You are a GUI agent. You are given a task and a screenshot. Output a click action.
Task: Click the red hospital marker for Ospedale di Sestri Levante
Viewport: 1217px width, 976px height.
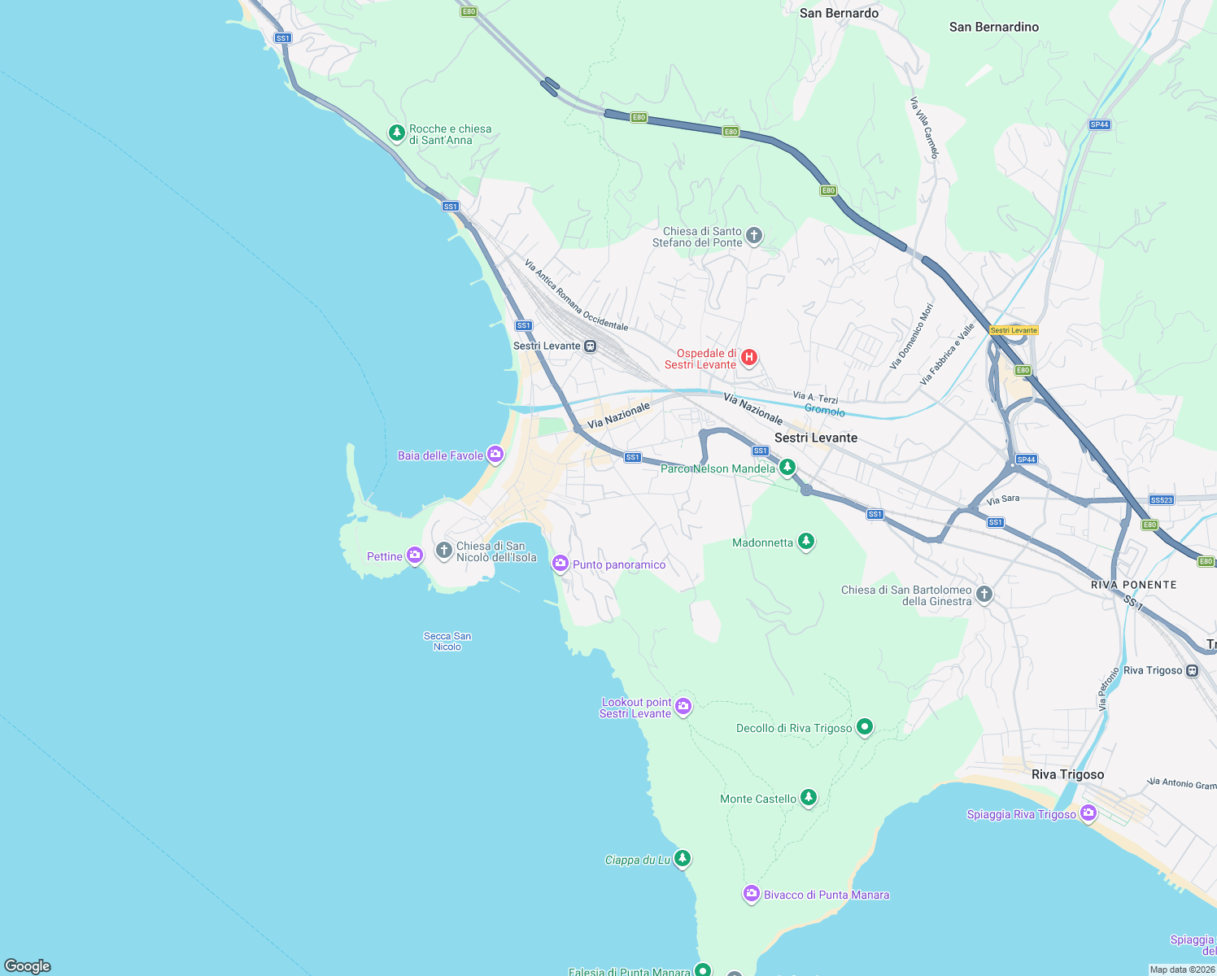tap(749, 356)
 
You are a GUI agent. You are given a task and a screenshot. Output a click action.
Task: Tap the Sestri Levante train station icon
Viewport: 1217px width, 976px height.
tap(591, 346)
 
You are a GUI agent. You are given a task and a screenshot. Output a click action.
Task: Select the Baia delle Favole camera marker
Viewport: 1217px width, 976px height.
tap(495, 454)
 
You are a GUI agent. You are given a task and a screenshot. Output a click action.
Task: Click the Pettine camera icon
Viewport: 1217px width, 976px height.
tap(415, 555)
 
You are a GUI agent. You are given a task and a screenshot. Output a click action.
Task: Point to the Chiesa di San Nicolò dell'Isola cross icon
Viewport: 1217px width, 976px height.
tap(443, 551)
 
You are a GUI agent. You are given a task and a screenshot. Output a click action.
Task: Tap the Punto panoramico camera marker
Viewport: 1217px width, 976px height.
tap(560, 563)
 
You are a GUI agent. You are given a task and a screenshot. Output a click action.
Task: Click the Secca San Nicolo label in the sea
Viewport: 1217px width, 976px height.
tap(447, 642)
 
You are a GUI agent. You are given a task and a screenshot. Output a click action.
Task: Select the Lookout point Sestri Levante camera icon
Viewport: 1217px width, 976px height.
tap(683, 705)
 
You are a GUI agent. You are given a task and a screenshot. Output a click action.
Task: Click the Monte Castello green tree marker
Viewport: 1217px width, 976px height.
tap(808, 797)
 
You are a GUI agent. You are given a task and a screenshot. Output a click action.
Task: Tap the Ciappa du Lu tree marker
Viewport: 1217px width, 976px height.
tap(683, 857)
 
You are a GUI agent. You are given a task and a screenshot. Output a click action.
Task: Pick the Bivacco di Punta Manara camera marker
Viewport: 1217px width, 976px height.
tap(751, 893)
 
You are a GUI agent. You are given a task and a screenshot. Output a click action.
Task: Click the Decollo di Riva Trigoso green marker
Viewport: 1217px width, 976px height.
tap(865, 726)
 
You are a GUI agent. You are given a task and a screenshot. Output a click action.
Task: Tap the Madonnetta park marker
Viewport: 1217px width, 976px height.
tap(805, 541)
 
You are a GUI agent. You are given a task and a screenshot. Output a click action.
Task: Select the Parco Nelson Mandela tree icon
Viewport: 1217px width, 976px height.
tap(787, 467)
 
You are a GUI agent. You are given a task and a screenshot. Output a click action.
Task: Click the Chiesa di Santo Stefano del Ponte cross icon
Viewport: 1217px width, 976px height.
tap(753, 236)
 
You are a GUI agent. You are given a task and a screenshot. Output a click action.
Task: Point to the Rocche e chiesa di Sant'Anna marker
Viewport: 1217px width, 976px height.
tap(396, 133)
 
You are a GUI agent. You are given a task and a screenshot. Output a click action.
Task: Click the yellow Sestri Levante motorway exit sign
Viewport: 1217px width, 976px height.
tap(1014, 330)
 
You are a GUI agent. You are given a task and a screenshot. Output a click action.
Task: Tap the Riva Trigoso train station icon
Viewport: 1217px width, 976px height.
tap(1192, 671)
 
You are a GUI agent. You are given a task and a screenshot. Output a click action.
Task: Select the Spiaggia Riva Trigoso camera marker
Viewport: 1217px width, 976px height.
tap(1088, 813)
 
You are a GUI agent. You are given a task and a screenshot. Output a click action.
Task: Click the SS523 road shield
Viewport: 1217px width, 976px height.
tap(1162, 500)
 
